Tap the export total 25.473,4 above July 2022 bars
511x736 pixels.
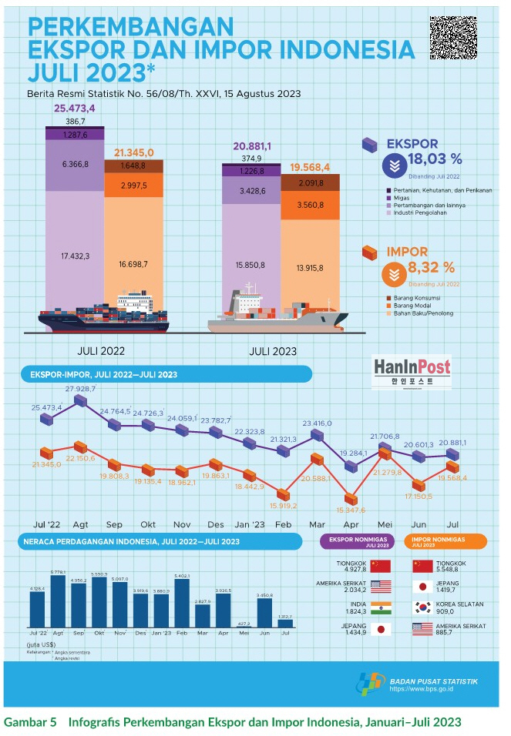tap(74, 109)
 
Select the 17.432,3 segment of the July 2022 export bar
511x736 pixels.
tap(73, 256)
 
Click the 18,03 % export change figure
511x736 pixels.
tap(435, 159)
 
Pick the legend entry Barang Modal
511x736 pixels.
tap(415, 305)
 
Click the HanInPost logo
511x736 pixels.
tap(412, 371)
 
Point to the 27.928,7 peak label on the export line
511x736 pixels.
tap(80, 390)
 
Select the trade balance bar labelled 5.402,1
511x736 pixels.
tap(182, 604)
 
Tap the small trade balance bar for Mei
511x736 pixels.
tap(244, 627)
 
